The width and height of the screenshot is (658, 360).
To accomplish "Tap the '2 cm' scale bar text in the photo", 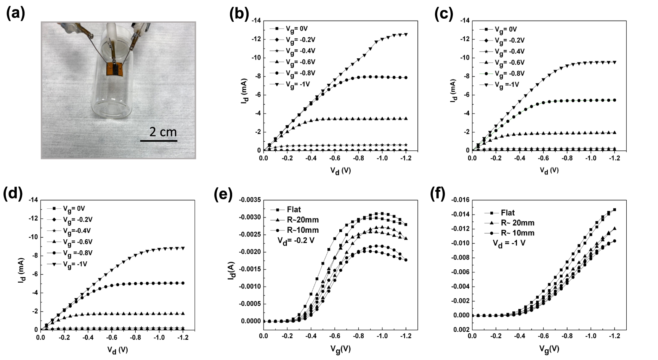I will pos(163,132).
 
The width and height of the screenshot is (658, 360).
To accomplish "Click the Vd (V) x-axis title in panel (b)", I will pos(340,171).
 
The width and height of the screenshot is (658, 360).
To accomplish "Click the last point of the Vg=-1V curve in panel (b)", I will pos(406,34).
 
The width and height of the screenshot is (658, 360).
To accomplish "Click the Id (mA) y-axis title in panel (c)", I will pos(453,91).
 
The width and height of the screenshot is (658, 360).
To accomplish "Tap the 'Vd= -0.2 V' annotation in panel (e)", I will pos(295,241).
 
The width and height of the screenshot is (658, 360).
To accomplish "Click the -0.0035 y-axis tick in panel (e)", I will pos(250,200).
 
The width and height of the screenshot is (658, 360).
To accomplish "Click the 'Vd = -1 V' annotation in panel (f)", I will pos(509,243).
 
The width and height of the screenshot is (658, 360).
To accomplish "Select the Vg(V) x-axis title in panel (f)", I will pos(549,349).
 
